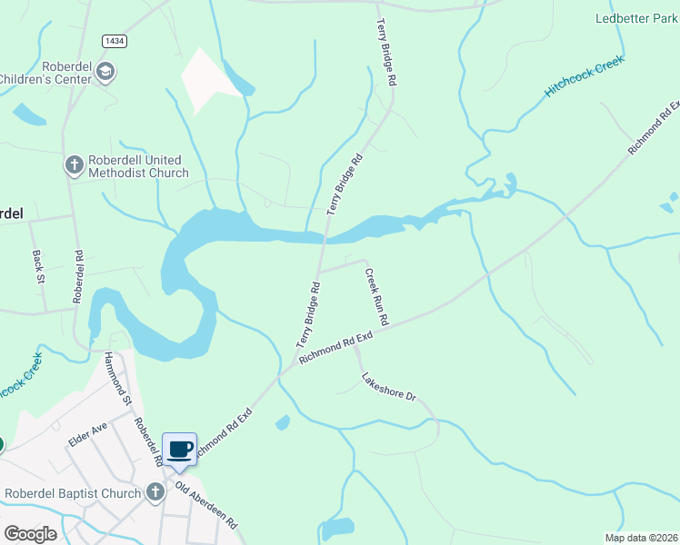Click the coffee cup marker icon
(180, 449)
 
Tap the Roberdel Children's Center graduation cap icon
(105, 72)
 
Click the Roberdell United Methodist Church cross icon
(74, 165)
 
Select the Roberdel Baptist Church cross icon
(155, 493)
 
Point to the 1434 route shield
(115, 41)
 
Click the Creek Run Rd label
(377, 297)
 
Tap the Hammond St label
(117, 378)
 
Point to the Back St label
(39, 267)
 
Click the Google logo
(30, 534)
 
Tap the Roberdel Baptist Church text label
(73, 493)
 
